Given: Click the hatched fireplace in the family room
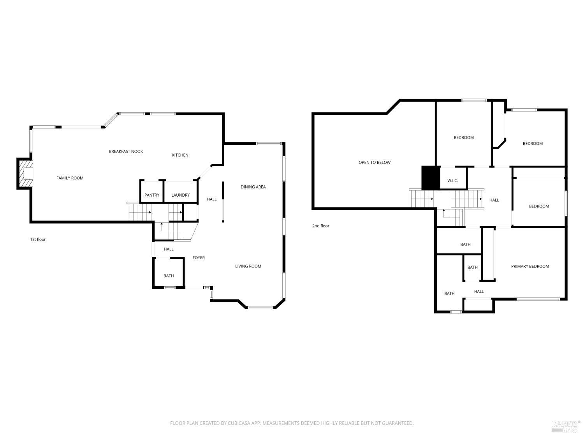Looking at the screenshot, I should click(x=25, y=174).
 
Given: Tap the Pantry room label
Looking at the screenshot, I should click(x=152, y=195).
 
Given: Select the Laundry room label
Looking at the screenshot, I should click(x=180, y=195).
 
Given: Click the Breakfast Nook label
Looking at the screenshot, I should click(x=126, y=151).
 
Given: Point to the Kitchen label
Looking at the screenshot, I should click(x=180, y=155).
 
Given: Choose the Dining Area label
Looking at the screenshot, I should click(x=253, y=187).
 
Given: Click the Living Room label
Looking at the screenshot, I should click(x=248, y=266).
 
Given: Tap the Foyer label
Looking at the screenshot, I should click(x=199, y=258).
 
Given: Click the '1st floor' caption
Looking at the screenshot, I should click(x=38, y=239).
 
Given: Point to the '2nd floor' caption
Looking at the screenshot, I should click(x=320, y=226).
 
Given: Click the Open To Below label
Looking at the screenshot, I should click(x=375, y=162).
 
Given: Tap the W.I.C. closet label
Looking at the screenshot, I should click(x=452, y=181).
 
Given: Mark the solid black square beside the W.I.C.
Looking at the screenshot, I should click(x=431, y=178).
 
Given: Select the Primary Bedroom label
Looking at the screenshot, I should click(x=530, y=266).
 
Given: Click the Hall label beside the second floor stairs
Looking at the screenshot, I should click(x=494, y=200).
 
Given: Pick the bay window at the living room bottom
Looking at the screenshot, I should click(x=261, y=308).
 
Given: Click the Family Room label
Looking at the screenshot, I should click(x=70, y=178).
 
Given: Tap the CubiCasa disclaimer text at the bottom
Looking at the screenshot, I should click(x=292, y=423).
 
